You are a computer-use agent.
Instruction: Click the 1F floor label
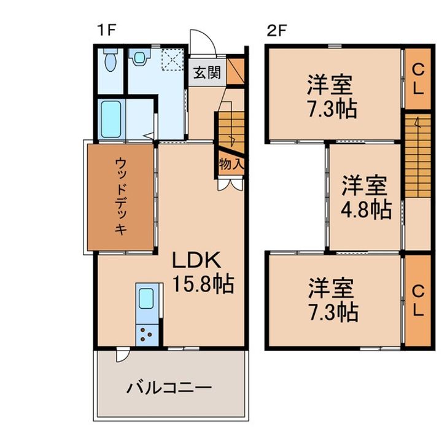pyautogui.click(x=106, y=30)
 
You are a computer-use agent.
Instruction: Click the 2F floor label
pyautogui.click(x=276, y=31)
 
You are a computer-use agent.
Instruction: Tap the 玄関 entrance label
pyautogui.click(x=207, y=73)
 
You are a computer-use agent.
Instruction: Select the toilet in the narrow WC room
pyautogui.click(x=110, y=60)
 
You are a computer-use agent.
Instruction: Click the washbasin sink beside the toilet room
pyautogui.click(x=139, y=57)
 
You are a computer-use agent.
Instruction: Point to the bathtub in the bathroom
pyautogui.click(x=111, y=119)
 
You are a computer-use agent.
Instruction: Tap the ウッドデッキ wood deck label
pyautogui.click(x=121, y=196)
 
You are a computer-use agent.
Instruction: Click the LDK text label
pyautogui.click(x=196, y=260)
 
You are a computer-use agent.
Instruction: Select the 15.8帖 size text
pyautogui.click(x=203, y=284)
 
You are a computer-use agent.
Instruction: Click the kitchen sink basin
pyautogui.click(x=146, y=298)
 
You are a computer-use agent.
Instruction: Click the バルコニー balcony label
pyautogui.click(x=169, y=388)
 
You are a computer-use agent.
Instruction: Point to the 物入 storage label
pyautogui.click(x=231, y=165)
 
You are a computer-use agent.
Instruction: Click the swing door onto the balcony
pyautogui.click(x=122, y=355)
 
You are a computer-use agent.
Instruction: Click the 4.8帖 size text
pyautogui.click(x=366, y=210)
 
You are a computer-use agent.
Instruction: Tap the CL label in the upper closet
pyautogui.click(x=418, y=79)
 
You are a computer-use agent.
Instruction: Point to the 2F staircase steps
pyautogui.click(x=418, y=155)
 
